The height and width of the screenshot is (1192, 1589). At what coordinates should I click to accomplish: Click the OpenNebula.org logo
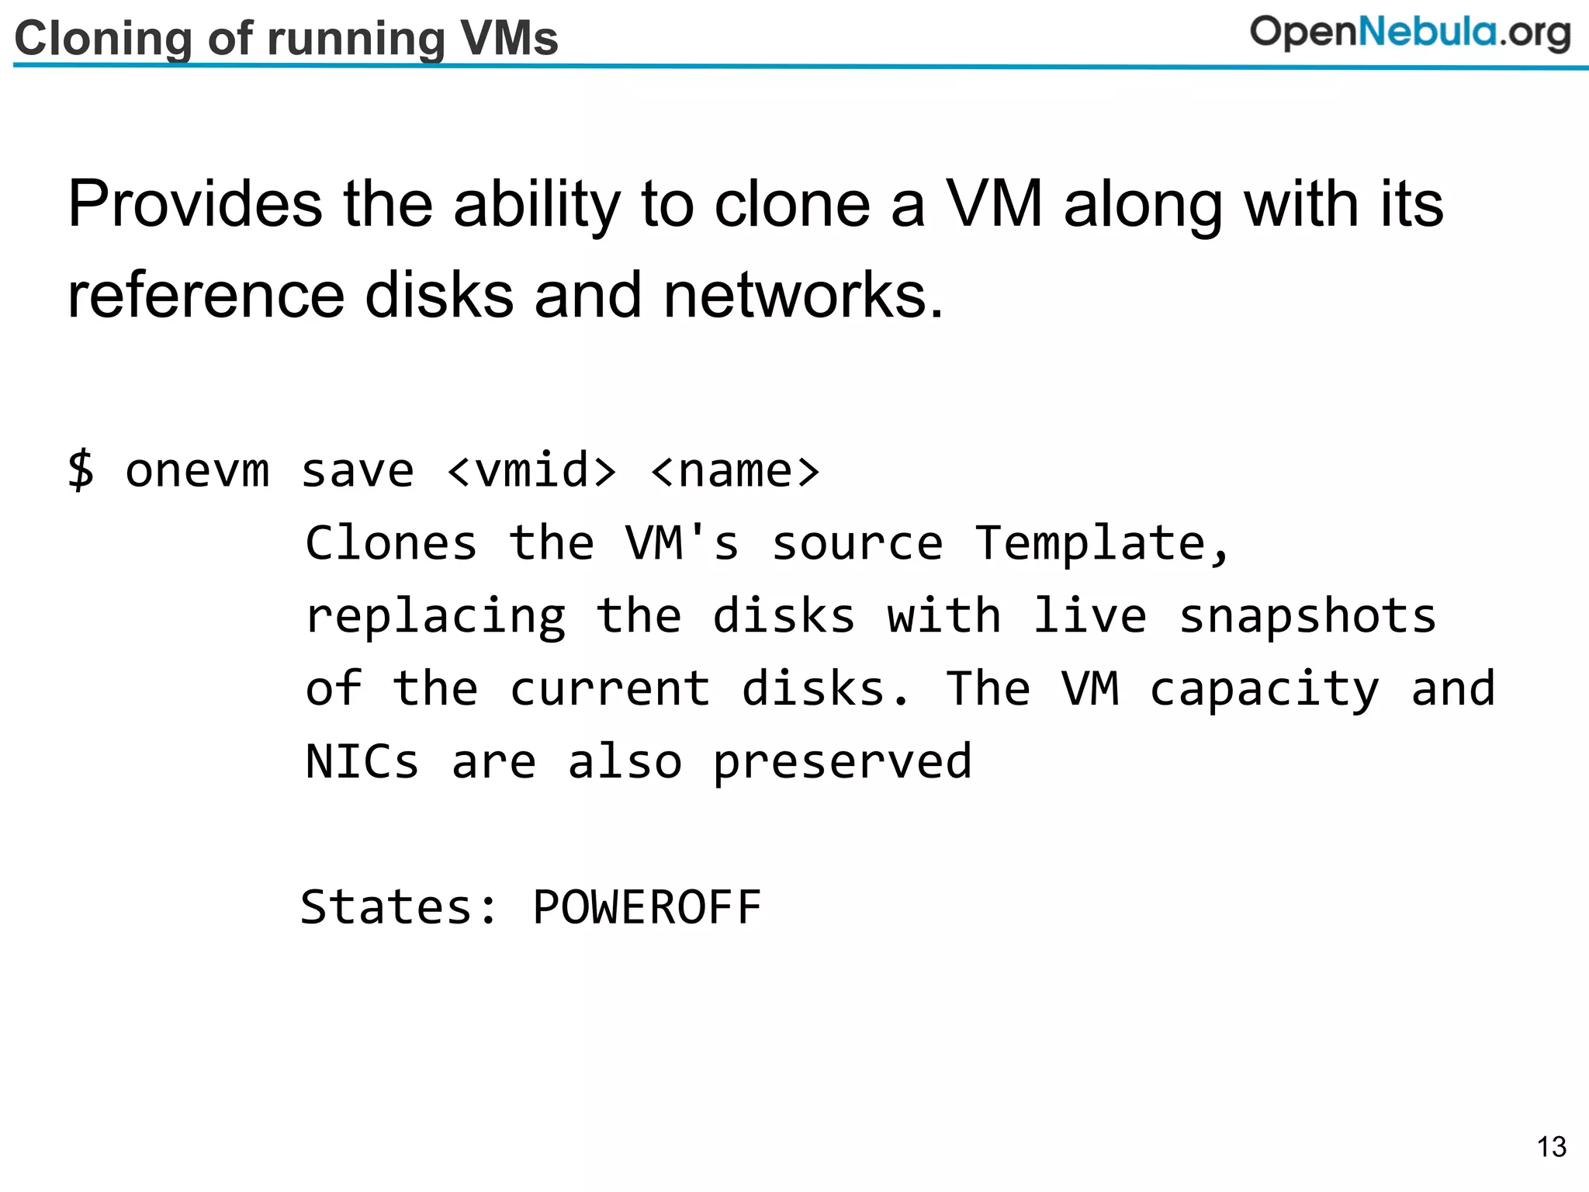click(1410, 33)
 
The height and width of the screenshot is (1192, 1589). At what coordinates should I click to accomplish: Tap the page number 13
click(1551, 1146)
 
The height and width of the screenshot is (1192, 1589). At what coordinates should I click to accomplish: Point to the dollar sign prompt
click(81, 470)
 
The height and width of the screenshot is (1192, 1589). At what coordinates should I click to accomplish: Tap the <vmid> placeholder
click(532, 470)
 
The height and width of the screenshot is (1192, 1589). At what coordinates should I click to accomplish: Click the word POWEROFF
click(647, 906)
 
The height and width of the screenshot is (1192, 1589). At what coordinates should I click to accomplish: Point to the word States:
click(399, 906)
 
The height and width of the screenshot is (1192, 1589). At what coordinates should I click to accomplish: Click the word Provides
click(195, 204)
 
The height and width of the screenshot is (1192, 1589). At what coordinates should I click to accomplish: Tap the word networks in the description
click(804, 296)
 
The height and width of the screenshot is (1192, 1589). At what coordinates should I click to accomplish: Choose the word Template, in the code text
click(1103, 542)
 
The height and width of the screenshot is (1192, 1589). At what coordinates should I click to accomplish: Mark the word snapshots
click(1308, 617)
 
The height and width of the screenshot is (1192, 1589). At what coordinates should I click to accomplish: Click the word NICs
click(362, 761)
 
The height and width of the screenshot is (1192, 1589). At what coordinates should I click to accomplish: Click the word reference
click(206, 296)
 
